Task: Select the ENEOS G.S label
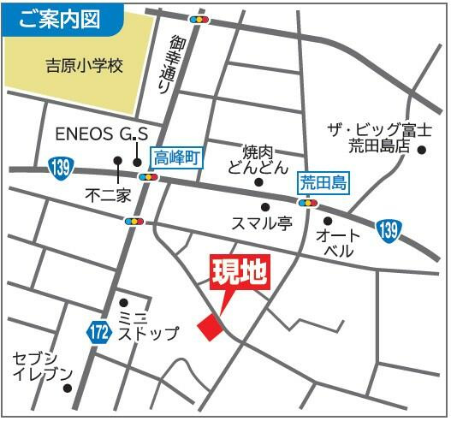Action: pyautogui.click(x=102, y=134)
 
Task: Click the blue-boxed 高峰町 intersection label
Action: pyautogui.click(x=175, y=157)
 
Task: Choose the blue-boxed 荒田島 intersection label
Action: pyautogui.click(x=320, y=181)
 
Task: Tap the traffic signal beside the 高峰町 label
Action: pyautogui.click(x=149, y=177)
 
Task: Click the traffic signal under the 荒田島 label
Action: pyautogui.click(x=307, y=203)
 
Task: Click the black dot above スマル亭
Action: pyautogui.click(x=265, y=207)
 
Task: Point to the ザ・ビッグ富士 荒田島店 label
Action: pyautogui.click(x=379, y=137)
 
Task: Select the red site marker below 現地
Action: pyautogui.click(x=209, y=326)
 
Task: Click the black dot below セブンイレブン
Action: pyautogui.click(x=68, y=388)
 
